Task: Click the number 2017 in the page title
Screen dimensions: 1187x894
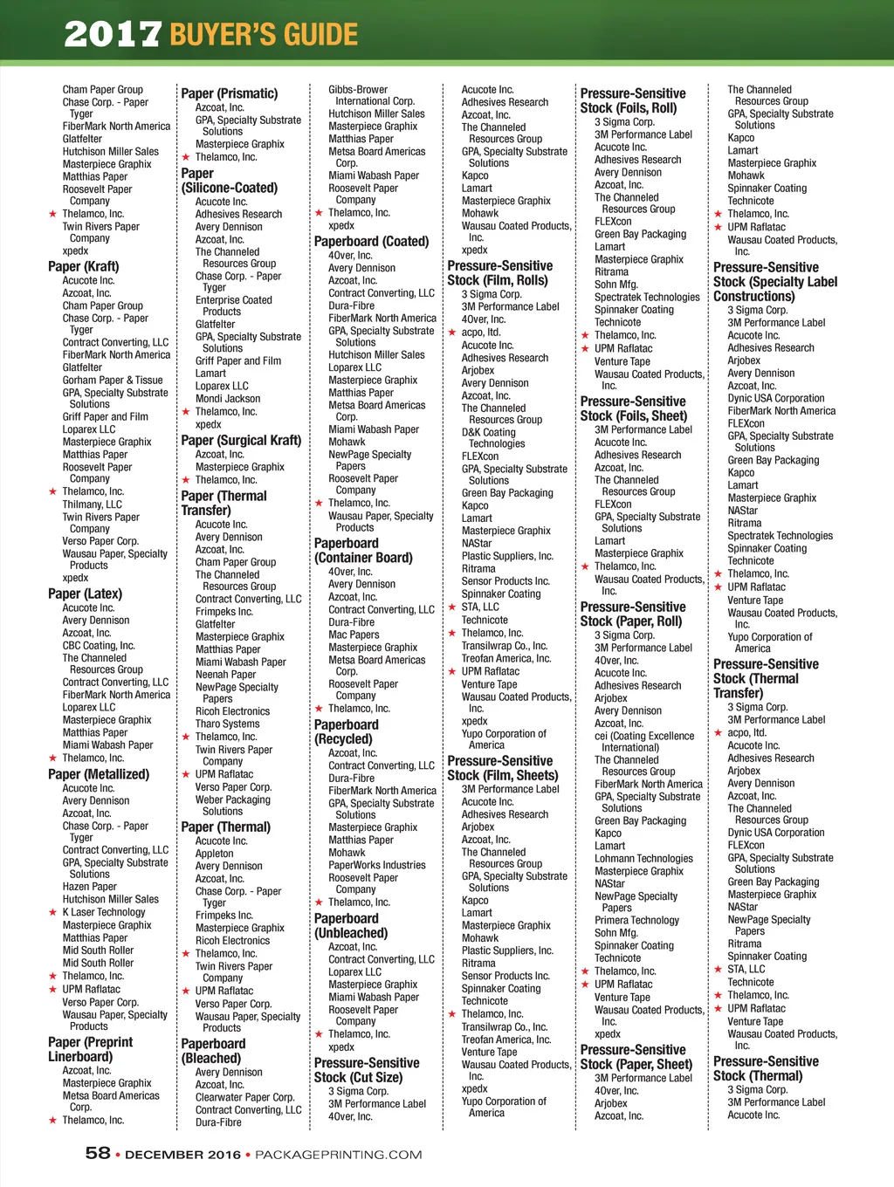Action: pyautogui.click(x=113, y=34)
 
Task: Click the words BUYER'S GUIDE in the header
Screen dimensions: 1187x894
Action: pyautogui.click(x=264, y=34)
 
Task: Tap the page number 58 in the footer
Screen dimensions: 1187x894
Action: pyautogui.click(x=98, y=1153)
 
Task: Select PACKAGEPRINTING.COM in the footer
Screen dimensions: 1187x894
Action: pyautogui.click(x=338, y=1155)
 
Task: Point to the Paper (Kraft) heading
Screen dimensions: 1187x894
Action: pyautogui.click(x=84, y=266)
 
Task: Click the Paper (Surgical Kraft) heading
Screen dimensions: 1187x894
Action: pyautogui.click(x=241, y=440)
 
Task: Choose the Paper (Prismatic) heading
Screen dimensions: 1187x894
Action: pyautogui.click(x=229, y=93)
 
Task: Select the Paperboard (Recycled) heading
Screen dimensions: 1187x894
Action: pyautogui.click(x=346, y=731)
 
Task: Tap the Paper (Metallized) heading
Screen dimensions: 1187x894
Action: pyautogui.click(x=99, y=774)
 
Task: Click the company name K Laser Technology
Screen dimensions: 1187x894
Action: pyautogui.click(x=104, y=912)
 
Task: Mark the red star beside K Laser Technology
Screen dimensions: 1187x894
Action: pyautogui.click(x=52, y=912)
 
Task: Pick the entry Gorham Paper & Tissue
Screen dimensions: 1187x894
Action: pyautogui.click(x=113, y=380)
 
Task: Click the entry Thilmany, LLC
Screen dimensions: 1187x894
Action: pyautogui.click(x=92, y=504)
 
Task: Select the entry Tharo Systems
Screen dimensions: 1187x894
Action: pyautogui.click(x=227, y=724)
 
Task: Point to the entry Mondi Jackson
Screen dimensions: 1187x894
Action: pyautogui.click(x=228, y=398)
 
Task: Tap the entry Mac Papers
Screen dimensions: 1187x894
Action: pyautogui.click(x=354, y=635)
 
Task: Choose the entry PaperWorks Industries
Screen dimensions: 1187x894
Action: pyautogui.click(x=377, y=865)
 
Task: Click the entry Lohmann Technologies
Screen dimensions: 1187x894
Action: pyautogui.click(x=643, y=858)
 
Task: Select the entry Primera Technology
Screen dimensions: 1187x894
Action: pyautogui.click(x=636, y=920)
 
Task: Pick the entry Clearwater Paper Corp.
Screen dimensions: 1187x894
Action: pyautogui.click(x=245, y=1097)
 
